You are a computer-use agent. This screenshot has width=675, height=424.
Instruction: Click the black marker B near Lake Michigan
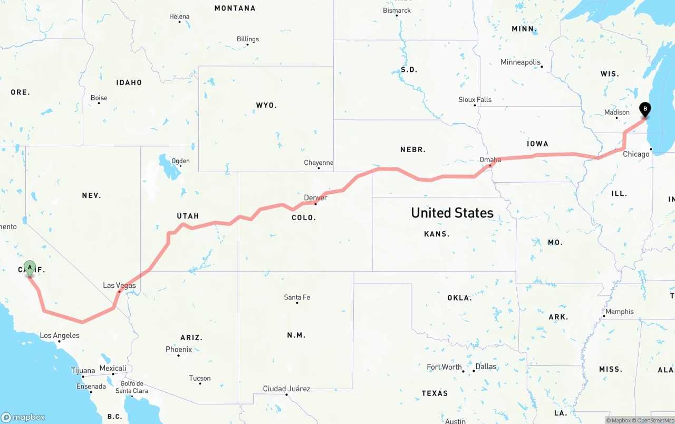coord(644,109)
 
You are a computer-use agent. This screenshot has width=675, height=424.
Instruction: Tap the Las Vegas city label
coord(119,286)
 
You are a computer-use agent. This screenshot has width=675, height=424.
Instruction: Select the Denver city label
coord(315,198)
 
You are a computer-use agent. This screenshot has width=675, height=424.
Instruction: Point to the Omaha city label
coord(490,159)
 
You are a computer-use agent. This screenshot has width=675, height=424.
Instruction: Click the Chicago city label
coord(636,154)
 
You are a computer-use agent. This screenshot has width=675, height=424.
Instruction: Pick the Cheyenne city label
coord(319,163)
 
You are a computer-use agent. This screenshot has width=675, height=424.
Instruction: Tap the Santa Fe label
coord(297,297)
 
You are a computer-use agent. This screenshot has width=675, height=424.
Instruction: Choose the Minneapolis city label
coord(520,62)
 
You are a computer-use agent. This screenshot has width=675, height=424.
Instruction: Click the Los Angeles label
coord(60,335)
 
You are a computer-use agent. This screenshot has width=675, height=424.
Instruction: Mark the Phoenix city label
coord(179,350)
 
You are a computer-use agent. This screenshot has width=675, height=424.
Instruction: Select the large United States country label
coord(452,213)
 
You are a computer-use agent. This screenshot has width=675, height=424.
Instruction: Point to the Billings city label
coord(248,39)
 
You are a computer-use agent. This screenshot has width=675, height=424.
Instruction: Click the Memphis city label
coord(620,312)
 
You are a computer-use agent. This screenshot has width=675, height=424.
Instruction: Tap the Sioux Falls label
coord(475,99)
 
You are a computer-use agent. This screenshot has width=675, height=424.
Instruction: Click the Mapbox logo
coord(23,417)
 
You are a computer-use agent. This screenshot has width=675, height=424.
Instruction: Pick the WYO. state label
coord(266,105)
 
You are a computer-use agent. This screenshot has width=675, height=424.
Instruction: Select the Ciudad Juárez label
coord(286,389)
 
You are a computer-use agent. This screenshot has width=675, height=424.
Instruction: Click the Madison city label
coord(617,112)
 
